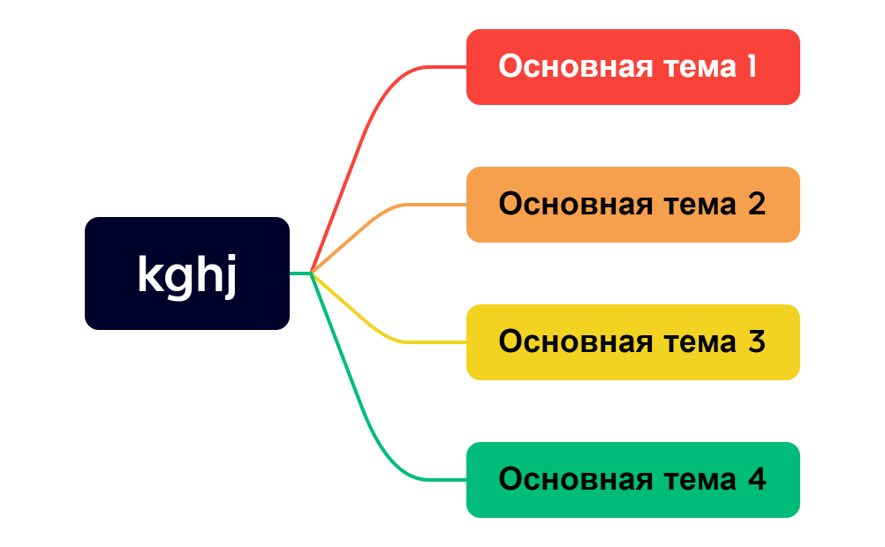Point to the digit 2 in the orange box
756,205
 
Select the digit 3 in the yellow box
756,342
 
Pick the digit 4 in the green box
757,480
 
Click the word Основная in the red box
564,67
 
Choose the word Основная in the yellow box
564,342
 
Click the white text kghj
187,275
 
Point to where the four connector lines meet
312,273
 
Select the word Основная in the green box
564,480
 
